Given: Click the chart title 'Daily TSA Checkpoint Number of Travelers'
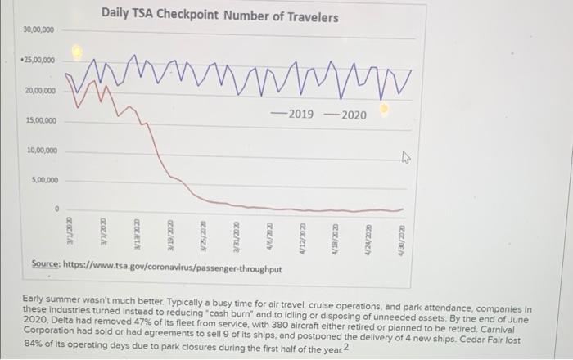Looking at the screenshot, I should (220, 16).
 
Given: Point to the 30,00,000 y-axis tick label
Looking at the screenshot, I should (38, 29).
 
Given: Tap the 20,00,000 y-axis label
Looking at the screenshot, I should (38, 91).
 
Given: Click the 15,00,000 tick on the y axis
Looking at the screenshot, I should (38, 120).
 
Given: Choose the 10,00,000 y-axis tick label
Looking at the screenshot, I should (38, 151).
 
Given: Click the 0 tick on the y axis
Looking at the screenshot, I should (56, 210).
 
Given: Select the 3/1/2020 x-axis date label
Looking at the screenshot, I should (70, 228).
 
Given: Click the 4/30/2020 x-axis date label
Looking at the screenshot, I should (401, 228).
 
